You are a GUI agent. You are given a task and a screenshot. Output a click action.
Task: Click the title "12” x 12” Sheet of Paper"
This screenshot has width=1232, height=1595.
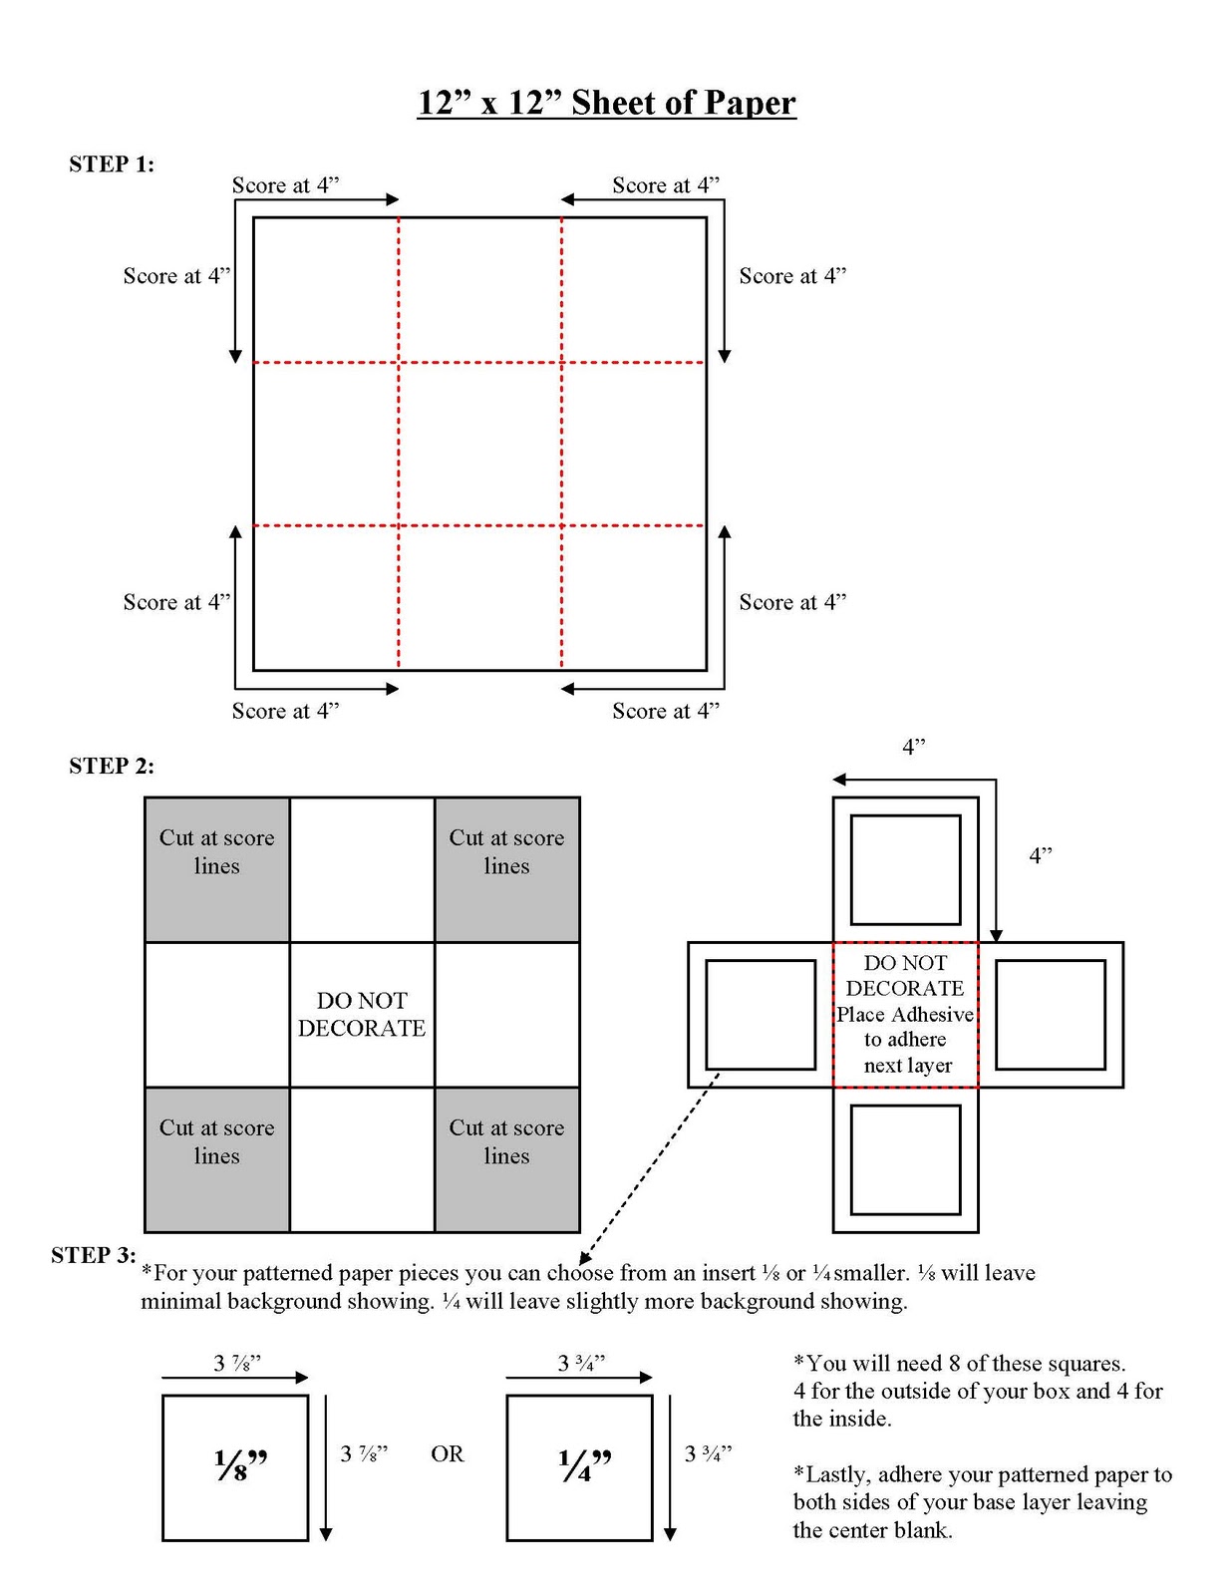(x=606, y=103)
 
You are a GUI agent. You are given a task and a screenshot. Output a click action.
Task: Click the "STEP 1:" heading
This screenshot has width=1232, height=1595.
(x=112, y=164)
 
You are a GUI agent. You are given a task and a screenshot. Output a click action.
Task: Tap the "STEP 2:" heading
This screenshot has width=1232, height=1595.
(x=112, y=766)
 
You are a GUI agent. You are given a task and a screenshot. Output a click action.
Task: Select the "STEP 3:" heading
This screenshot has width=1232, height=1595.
(x=93, y=1255)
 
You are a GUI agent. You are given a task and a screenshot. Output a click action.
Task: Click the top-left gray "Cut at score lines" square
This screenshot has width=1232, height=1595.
(x=217, y=869)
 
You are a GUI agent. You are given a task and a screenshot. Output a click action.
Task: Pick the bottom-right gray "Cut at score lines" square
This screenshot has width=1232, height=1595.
(x=506, y=1159)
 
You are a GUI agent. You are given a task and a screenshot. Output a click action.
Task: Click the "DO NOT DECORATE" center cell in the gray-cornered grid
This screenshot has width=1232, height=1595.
(x=362, y=1014)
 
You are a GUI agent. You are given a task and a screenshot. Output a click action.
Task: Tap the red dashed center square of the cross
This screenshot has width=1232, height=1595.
(x=905, y=1014)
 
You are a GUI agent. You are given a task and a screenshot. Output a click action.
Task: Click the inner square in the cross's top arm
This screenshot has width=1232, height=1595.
(x=905, y=869)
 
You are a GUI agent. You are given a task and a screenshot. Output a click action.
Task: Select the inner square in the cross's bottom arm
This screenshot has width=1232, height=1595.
(x=905, y=1159)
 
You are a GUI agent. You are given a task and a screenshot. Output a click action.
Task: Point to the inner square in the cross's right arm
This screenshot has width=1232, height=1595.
(x=1051, y=1014)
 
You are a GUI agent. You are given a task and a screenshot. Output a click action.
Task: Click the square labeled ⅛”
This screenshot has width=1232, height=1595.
(x=235, y=1467)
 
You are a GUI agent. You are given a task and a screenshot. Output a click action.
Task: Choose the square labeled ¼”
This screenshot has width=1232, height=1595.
(x=579, y=1467)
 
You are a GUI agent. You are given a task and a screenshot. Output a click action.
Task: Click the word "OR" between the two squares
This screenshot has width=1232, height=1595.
(x=448, y=1454)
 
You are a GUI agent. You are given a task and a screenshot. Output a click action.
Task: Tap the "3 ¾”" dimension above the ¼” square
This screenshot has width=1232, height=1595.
(x=581, y=1363)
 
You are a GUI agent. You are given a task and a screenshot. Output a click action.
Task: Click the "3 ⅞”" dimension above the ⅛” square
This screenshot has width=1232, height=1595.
(x=237, y=1363)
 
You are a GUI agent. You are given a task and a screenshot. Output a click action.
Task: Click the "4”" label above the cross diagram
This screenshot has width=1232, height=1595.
(x=913, y=747)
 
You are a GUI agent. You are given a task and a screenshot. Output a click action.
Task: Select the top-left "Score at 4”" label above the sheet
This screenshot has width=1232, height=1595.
(x=285, y=185)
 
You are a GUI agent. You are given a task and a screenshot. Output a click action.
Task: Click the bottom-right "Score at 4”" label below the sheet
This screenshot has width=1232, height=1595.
(x=665, y=711)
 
